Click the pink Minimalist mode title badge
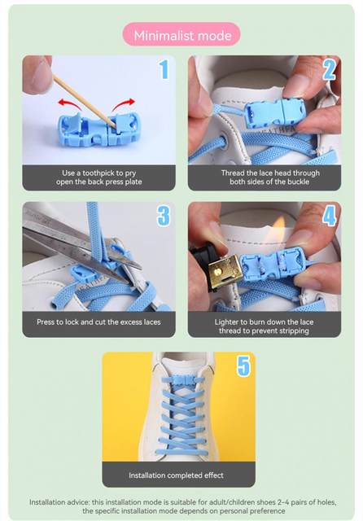tap(181, 34)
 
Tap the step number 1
tap(164, 69)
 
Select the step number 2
tap(329, 70)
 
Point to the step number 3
tap(164, 216)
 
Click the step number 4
tap(329, 216)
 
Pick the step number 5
tap(243, 366)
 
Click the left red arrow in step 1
tap(69, 104)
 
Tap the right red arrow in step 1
tap(124, 104)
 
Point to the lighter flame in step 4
tap(279, 230)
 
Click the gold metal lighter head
tap(225, 270)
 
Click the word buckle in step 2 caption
tap(298, 182)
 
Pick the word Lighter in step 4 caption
tap(226, 322)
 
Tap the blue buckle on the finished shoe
tap(182, 380)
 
